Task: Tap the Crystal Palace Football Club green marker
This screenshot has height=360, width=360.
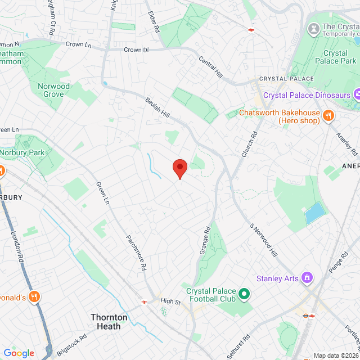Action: click(x=244, y=293)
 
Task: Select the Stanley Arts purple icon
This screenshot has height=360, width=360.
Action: click(x=307, y=277)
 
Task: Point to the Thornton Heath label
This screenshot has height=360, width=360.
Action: click(x=109, y=322)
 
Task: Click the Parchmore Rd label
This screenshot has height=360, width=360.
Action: click(x=136, y=251)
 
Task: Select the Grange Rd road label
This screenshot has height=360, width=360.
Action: click(x=205, y=241)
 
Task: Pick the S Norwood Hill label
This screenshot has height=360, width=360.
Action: click(x=263, y=241)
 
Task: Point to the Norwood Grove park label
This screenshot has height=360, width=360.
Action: click(x=54, y=90)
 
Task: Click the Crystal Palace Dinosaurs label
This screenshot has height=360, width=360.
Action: click(x=307, y=94)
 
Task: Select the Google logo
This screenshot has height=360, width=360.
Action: click(x=19, y=353)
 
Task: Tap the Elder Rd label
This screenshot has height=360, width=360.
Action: click(x=154, y=21)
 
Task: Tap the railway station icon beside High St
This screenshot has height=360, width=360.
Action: click(x=145, y=301)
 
